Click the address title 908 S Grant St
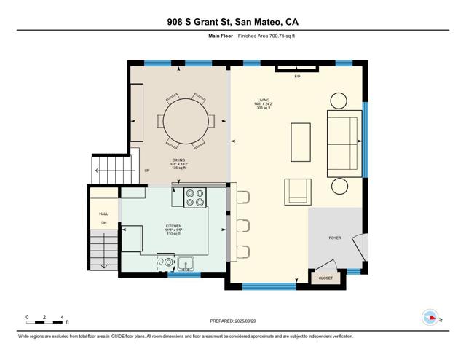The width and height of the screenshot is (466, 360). (232, 22)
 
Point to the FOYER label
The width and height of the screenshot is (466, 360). (335, 238)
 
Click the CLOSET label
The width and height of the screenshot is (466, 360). (325, 278)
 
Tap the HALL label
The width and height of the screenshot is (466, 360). (103, 214)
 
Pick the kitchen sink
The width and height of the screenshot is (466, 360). (185, 263)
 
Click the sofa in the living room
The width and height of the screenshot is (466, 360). (344, 143)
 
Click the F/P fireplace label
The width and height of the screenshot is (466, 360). (297, 77)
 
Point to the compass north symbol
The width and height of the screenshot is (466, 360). (431, 318)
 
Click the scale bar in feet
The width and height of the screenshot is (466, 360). (45, 318)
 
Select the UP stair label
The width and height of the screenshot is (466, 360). (147, 171)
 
